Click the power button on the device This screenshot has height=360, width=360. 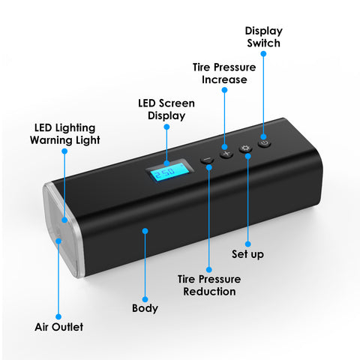click(265, 143)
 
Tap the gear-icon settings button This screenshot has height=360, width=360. click(245, 148)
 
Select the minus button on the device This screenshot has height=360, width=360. click(207, 160)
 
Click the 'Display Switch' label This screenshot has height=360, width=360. click(263, 37)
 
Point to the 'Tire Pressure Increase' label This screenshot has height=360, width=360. click(224, 73)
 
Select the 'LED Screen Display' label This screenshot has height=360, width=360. click(166, 109)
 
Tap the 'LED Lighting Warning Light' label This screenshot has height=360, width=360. click(65, 134)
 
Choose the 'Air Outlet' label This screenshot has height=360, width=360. click(59, 327)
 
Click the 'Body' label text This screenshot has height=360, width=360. click(145, 308)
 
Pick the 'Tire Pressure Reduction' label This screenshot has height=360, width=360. click(209, 285)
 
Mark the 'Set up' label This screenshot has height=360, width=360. click(247, 254)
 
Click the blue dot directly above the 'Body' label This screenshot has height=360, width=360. click(145, 299)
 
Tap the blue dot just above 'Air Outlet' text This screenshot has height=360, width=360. click(58, 316)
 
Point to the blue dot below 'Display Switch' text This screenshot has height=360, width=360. click(263, 54)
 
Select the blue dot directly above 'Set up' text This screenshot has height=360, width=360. click(247, 244)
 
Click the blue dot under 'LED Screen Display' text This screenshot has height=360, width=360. click(166, 127)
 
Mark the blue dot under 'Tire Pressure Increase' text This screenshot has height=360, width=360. click(224, 90)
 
